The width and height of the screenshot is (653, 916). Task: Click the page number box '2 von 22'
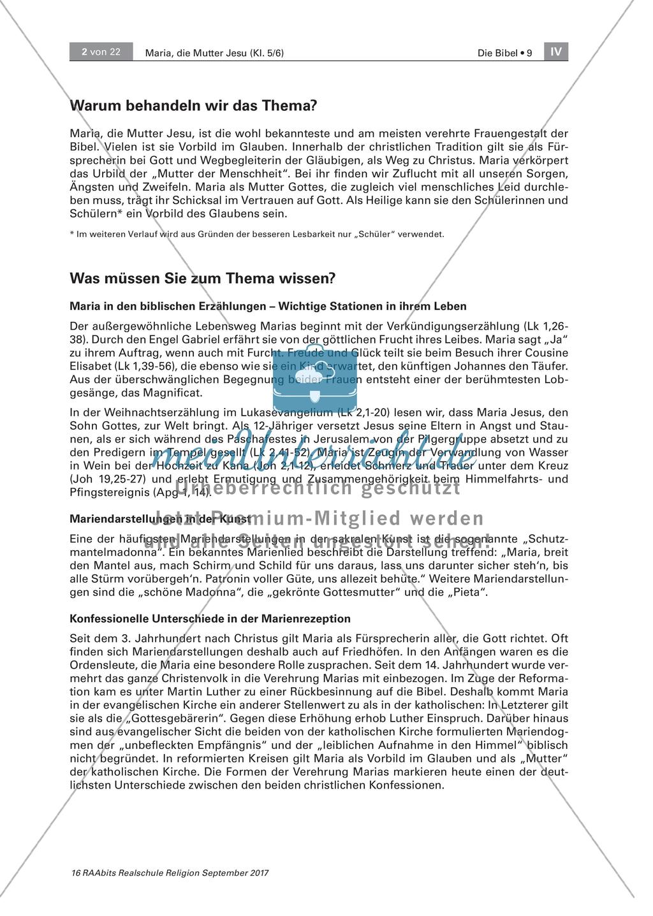click(101, 52)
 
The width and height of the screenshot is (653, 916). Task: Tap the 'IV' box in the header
click(556, 52)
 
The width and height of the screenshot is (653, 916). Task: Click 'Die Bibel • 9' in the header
click(504, 54)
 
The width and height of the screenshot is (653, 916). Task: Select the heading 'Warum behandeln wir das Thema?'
click(193, 105)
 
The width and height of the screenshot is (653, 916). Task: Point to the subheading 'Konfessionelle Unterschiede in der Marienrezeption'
click(210, 618)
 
